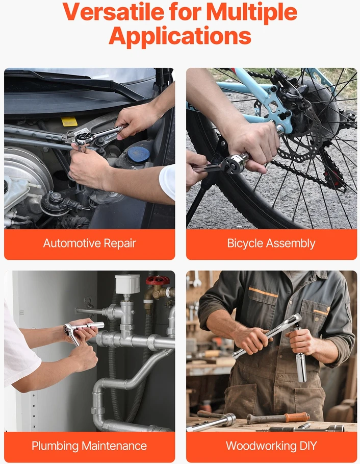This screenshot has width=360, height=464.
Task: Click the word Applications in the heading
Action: tap(180, 36)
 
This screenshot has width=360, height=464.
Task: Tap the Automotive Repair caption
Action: tap(90, 243)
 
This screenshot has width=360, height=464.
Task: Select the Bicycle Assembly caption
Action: tap(271, 243)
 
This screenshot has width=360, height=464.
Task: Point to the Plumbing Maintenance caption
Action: tap(89, 446)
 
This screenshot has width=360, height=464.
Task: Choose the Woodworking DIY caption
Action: tap(271, 446)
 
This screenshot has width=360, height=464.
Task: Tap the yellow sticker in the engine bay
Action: tap(69, 121)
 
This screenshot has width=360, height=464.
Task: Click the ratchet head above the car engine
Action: tap(83, 138)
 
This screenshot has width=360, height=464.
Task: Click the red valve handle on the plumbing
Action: tap(158, 280)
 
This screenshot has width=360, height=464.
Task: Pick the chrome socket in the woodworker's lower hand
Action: tap(301, 367)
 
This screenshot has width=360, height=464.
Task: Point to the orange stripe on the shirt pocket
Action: tap(263, 292)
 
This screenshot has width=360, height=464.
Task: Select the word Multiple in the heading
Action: tap(252, 12)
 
